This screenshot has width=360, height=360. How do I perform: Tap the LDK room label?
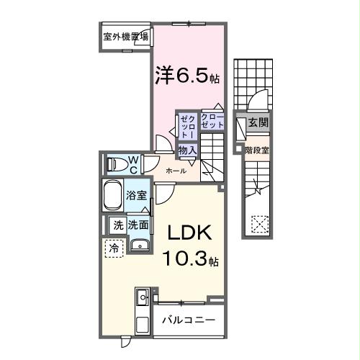[189, 234]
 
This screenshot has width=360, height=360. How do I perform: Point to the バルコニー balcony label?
[187, 320]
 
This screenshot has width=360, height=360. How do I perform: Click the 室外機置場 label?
[126, 37]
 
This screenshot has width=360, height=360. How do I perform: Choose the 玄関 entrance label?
[257, 123]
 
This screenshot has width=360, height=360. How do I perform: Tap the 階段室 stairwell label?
[256, 150]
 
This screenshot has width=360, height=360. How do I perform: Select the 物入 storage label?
[187, 150]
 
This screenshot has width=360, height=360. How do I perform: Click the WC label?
[134, 163]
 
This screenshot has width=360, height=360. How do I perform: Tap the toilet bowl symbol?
[115, 164]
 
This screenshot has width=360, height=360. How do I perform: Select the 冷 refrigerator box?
[114, 248]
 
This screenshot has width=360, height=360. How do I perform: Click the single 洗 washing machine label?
[117, 225]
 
